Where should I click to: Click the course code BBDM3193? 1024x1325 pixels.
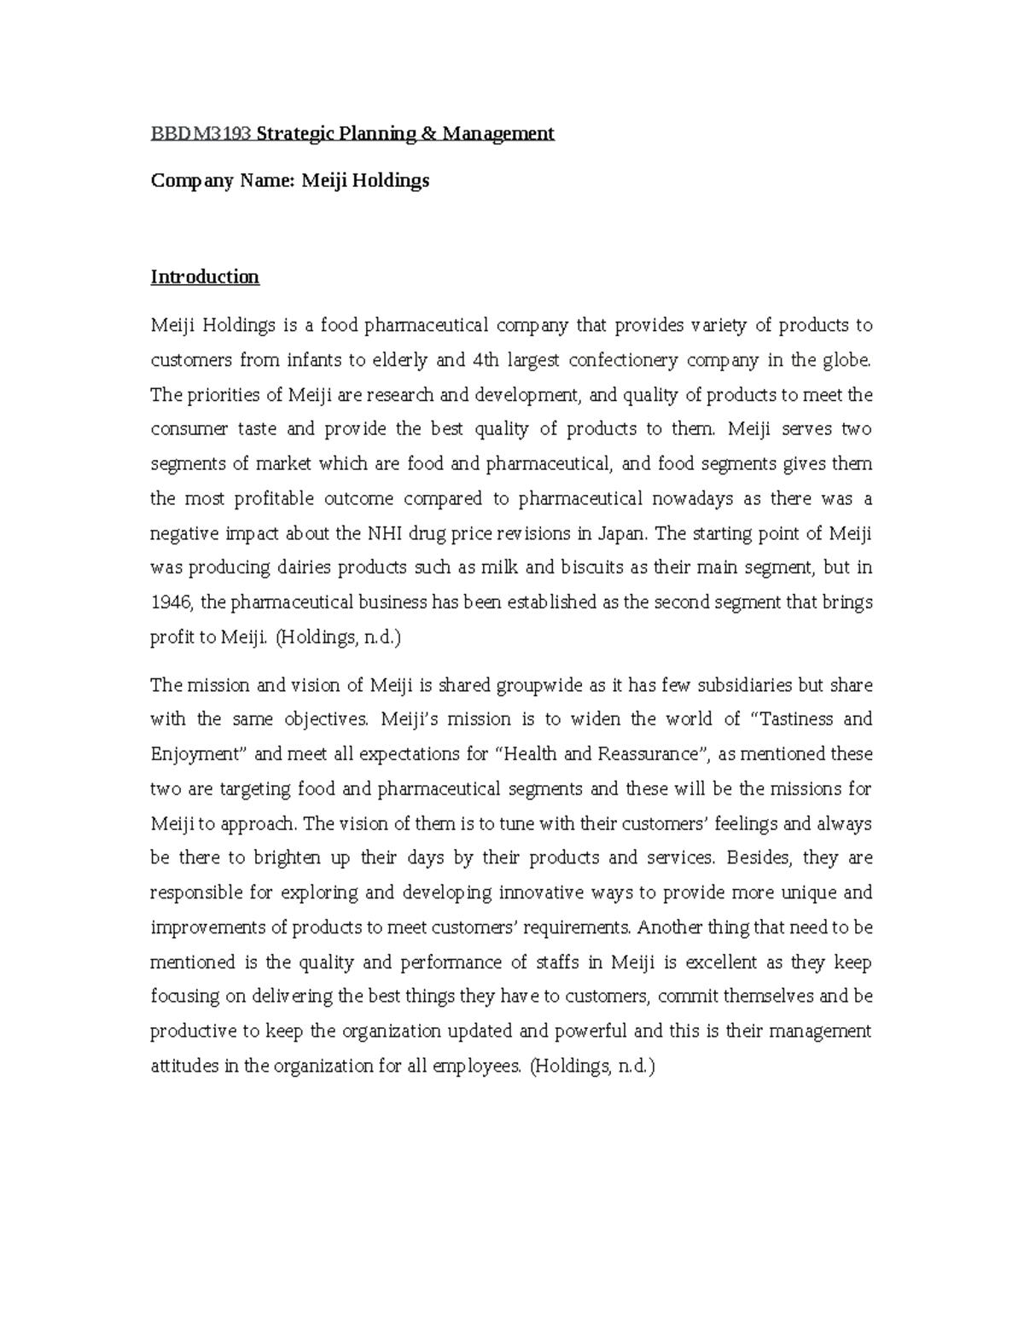pos(201,134)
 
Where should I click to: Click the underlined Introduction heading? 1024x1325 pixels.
pos(205,277)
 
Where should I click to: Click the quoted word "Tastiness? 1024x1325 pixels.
pos(790,719)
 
